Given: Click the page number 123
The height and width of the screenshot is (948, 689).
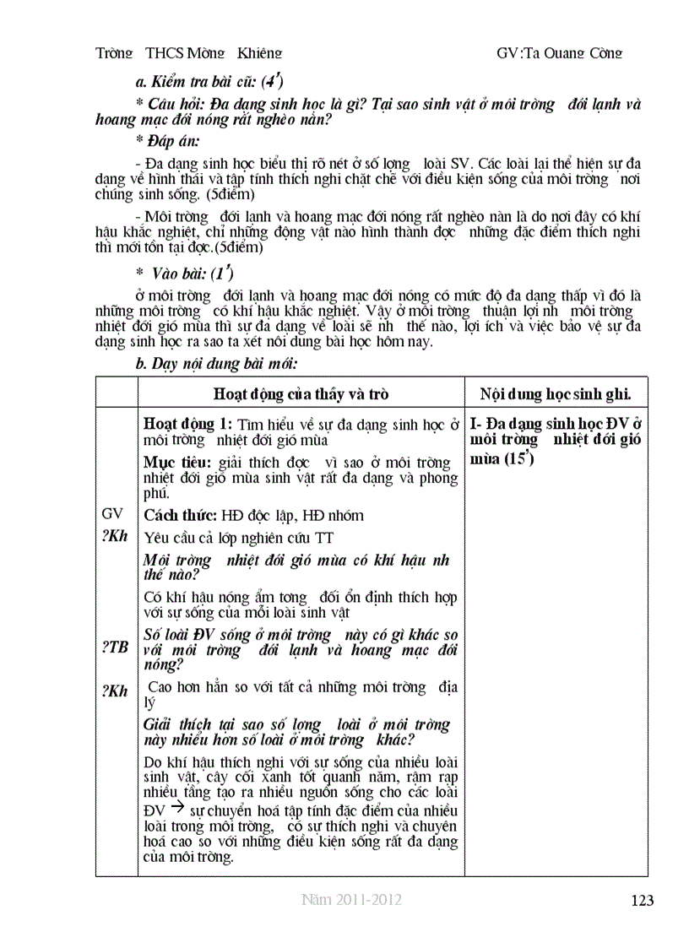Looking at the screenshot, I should (642, 901).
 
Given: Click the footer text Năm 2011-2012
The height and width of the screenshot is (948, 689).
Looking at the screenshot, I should (350, 900).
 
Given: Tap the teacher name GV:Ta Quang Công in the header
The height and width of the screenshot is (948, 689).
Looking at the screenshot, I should (560, 53).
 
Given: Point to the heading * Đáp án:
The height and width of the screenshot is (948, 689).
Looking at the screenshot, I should (166, 141).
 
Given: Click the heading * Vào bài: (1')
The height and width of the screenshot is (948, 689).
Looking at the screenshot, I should (184, 274).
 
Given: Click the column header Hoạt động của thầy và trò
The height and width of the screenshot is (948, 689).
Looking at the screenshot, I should (301, 394).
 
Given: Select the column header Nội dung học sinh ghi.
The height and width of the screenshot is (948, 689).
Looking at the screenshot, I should (556, 394).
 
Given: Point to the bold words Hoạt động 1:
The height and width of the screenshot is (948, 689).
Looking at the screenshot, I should (187, 424).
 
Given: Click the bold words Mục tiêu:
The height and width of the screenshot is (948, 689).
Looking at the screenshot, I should (178, 463).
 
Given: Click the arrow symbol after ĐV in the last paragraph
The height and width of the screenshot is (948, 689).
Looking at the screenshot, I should (170, 808).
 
